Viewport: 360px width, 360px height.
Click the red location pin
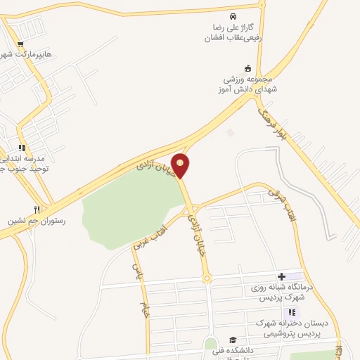click(x=181, y=165)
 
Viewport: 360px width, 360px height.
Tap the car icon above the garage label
click(x=232, y=16)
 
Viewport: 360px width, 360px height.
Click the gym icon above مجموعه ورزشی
click(x=247, y=68)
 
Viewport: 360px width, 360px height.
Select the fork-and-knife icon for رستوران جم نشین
click(x=37, y=209)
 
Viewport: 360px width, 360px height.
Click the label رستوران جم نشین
click(x=36, y=221)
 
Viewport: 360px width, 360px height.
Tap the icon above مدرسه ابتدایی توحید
click(x=22, y=148)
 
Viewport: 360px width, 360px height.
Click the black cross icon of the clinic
click(x=281, y=276)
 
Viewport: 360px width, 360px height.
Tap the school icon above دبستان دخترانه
click(x=292, y=312)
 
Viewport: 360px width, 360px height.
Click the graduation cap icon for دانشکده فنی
click(x=233, y=340)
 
